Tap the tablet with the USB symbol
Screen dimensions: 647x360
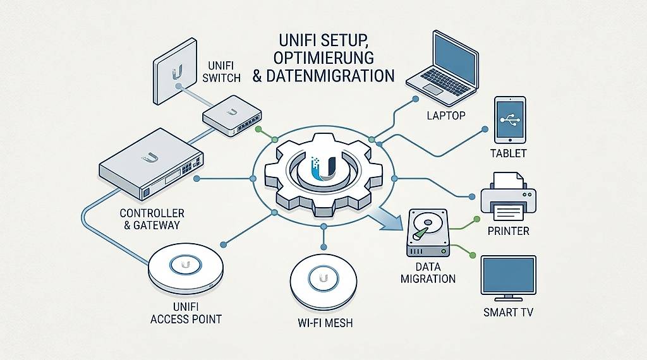coord(510,120)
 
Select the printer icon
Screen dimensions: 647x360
coord(509,197)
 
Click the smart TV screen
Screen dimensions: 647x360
coord(509,275)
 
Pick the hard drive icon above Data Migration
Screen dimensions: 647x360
coord(428,233)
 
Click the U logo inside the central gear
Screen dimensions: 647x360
coord(323,169)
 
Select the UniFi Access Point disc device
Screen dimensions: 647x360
coord(186,268)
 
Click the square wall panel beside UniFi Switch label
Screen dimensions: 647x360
coord(174,71)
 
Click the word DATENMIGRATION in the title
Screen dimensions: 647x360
coord(330,76)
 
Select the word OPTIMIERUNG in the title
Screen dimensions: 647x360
coord(323,57)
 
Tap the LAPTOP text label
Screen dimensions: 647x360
coord(446,116)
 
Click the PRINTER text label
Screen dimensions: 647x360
coord(509,231)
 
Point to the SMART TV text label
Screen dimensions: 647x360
coord(509,312)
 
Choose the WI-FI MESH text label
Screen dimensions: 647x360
coord(325,323)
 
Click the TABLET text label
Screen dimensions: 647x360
coord(509,153)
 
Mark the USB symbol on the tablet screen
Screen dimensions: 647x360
coord(510,119)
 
